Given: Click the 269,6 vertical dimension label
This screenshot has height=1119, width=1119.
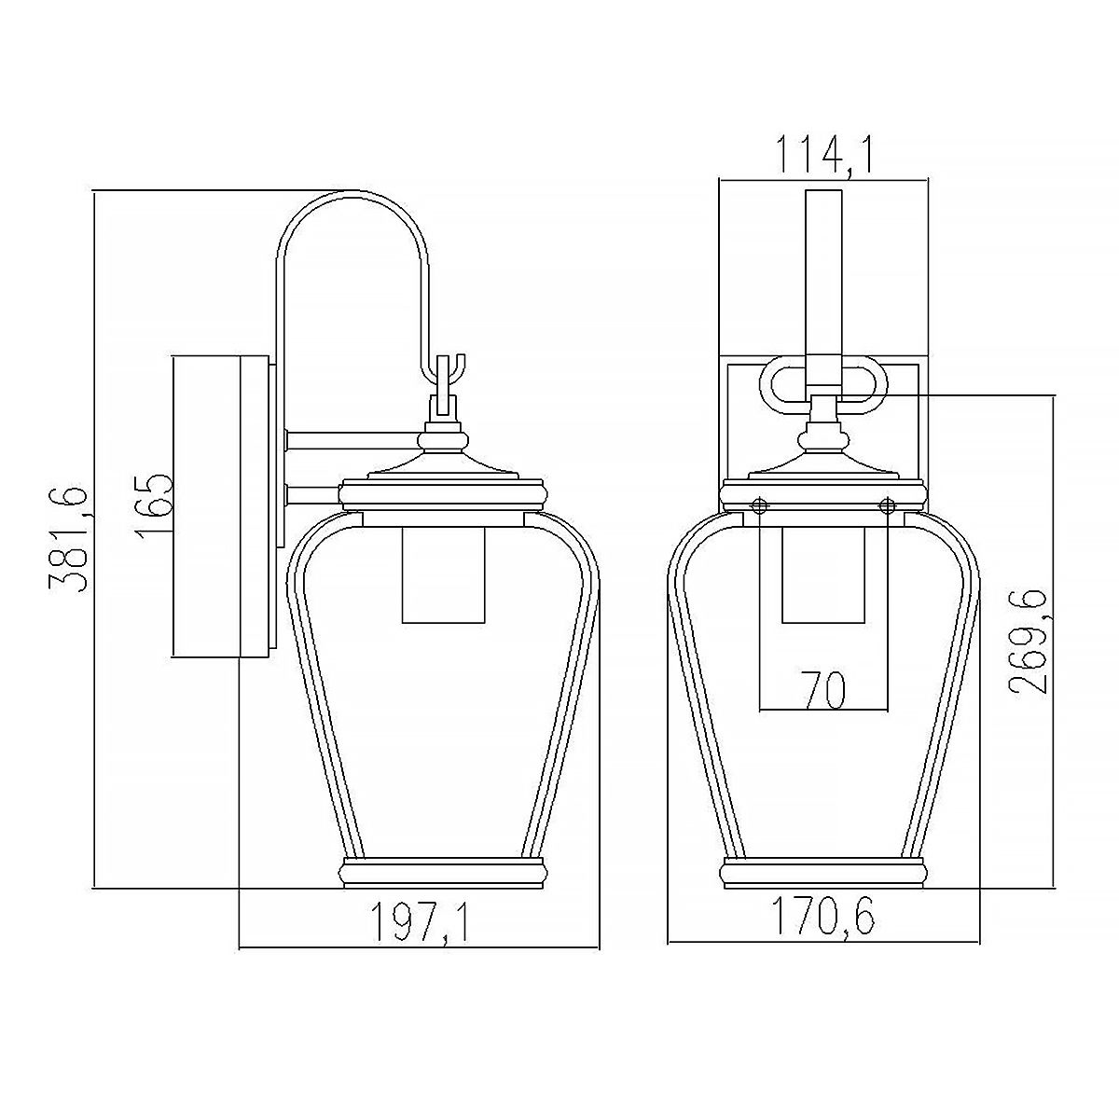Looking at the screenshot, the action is pyautogui.click(x=1027, y=641).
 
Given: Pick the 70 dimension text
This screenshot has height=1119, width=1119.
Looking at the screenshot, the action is pyautogui.click(x=823, y=689).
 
